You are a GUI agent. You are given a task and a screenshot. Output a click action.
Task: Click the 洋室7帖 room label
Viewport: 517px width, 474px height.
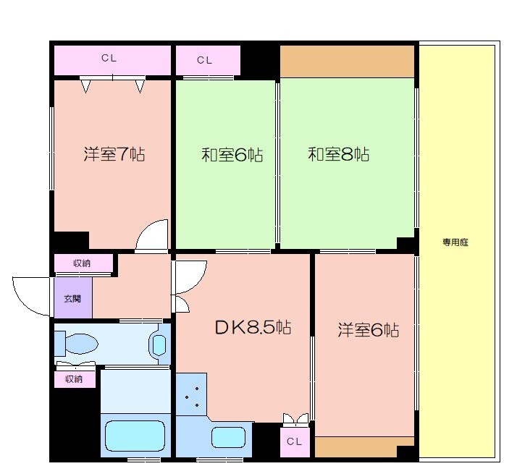pos(114,154)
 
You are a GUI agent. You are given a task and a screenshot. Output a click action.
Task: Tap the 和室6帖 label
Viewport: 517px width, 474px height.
pos(232,154)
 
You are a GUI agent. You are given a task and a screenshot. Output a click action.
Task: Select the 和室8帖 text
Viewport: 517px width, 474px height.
pos(338,154)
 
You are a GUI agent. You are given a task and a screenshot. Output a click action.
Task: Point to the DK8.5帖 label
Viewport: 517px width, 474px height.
pos(253,328)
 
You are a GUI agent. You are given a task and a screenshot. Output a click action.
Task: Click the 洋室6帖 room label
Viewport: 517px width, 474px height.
pos(369,330)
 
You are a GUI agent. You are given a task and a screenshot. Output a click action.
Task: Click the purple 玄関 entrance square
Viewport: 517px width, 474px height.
pos(72,298)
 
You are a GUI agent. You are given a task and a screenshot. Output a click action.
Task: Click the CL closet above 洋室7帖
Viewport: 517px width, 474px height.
pos(109,59)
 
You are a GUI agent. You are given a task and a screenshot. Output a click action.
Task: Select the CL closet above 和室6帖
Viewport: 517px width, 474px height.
pos(205,60)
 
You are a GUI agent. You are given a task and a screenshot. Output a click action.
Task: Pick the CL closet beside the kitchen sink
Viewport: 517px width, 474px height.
pos(294,441)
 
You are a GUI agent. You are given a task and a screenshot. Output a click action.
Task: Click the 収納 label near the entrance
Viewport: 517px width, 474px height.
pos(82,263)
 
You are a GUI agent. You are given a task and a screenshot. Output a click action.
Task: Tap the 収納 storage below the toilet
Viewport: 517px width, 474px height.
pos(74,378)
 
